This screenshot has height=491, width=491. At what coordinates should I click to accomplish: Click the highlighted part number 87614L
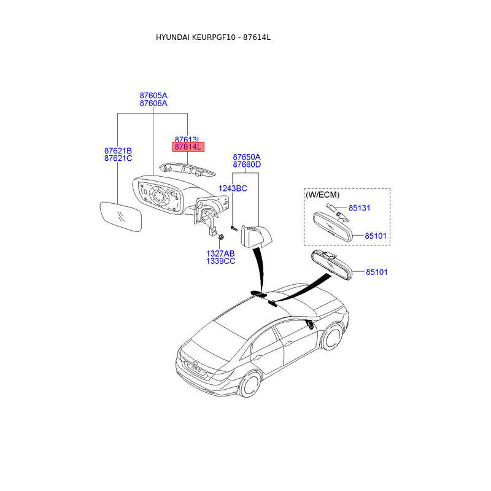188,147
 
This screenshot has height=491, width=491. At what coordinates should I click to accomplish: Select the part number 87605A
153,95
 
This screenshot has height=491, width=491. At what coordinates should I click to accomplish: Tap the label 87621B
118,150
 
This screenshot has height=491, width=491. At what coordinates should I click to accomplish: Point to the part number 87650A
247,157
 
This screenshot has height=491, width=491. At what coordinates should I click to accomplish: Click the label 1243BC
233,188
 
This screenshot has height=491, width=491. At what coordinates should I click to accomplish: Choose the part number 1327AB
220,253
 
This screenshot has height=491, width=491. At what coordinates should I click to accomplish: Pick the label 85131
360,208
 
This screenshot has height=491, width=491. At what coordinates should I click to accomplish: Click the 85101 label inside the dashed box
376,236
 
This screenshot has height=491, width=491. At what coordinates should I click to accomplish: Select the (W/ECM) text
323,195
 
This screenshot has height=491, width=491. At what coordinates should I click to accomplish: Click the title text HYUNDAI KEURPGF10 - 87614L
213,37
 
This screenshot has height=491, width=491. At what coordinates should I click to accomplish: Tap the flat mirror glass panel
121,217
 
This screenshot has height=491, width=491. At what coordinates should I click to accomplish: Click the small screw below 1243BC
234,228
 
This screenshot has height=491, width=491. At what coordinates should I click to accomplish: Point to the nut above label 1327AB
220,237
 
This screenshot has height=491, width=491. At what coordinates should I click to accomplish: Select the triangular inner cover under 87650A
255,237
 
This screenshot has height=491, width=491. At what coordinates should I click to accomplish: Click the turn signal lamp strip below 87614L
187,169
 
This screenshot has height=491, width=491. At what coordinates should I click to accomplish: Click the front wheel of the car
332,338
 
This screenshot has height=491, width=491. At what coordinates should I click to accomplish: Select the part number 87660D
247,164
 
